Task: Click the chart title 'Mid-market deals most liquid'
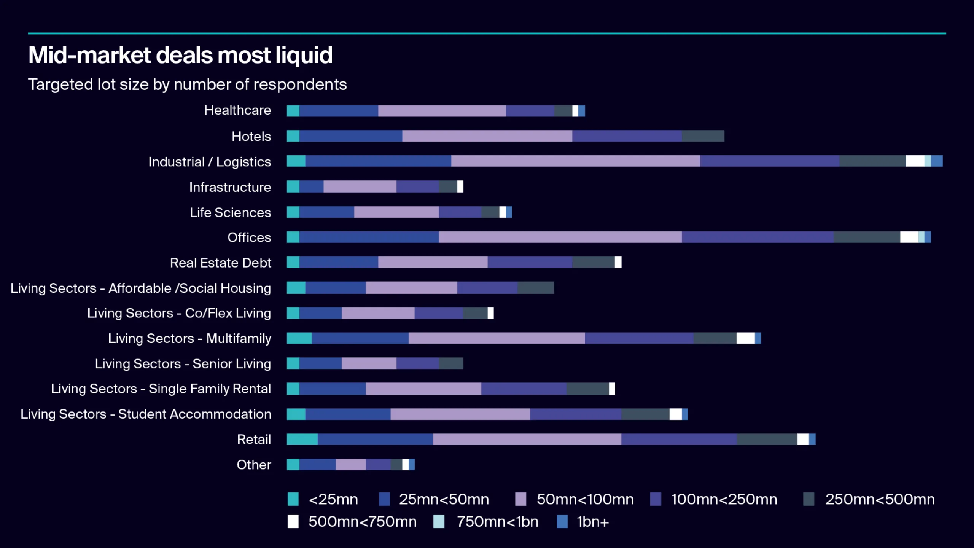pos(180,55)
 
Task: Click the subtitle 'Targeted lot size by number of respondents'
pos(187,84)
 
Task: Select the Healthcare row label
pos(237,110)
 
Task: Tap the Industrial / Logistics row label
pos(209,162)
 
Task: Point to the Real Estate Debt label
pos(220,263)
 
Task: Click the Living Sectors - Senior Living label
pos(183,364)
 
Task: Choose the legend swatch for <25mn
pos(293,499)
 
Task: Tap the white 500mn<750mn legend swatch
pos(293,521)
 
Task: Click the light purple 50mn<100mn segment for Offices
pos(560,237)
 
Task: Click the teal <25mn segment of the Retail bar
pos(302,439)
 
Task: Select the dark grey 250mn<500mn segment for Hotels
pos(703,136)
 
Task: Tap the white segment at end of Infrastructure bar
pos(460,186)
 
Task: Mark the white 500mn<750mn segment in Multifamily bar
pos(745,338)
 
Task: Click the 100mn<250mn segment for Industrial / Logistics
pos(769,161)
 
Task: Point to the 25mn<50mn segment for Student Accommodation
pos(348,414)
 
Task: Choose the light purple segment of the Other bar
pos(350,464)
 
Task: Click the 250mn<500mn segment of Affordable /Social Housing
pos(535,288)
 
